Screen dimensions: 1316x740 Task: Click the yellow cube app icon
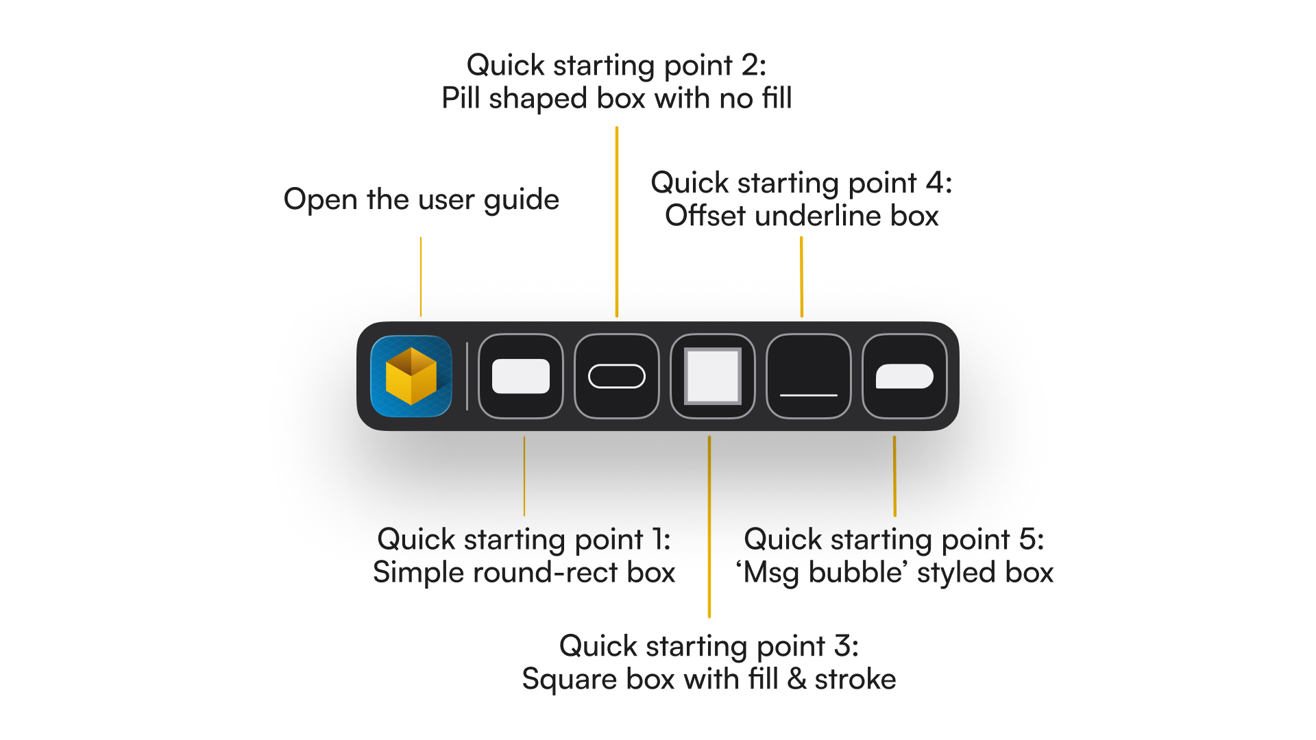(411, 376)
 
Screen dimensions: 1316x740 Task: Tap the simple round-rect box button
(521, 376)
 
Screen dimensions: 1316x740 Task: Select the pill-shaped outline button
(617, 376)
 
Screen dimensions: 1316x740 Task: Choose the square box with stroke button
(713, 376)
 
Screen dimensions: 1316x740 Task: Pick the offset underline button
(809, 376)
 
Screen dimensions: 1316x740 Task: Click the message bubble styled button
(905, 376)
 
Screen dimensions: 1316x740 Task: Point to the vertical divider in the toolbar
(467, 376)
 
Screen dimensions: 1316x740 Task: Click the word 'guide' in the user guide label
(522, 200)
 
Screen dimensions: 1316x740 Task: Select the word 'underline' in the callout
(818, 216)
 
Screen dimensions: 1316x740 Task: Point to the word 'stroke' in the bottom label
(855, 680)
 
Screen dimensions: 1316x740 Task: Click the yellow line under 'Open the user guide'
(421, 277)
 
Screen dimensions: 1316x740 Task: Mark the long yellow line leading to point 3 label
(709, 527)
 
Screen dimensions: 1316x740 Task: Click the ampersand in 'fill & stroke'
(796, 680)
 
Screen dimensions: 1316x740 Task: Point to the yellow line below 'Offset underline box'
(801, 277)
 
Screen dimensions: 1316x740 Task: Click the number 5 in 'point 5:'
(1027, 540)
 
